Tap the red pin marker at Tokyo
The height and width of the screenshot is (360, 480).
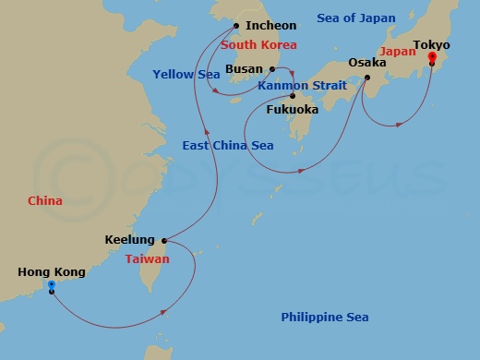click(432, 58)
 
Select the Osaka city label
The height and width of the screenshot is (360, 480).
click(367, 63)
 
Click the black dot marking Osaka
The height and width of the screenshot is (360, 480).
click(367, 78)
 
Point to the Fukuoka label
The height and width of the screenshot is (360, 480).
click(292, 110)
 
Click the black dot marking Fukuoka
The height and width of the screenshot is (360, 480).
click(292, 96)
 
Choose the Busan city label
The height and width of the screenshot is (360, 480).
click(245, 68)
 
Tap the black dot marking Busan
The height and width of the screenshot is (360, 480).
click(271, 68)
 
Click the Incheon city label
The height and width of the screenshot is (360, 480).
click(271, 26)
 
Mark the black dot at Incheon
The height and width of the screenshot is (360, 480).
click(236, 26)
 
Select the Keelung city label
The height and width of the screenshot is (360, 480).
click(128, 240)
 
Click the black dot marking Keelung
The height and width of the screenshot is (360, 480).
click(164, 240)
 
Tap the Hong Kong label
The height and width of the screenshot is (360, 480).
click(52, 272)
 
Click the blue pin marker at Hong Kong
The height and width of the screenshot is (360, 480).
click(52, 286)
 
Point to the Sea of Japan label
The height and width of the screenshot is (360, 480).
click(355, 18)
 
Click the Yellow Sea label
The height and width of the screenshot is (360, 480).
click(186, 74)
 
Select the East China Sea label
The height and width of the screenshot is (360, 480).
click(229, 146)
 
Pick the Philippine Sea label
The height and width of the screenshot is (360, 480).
click(325, 318)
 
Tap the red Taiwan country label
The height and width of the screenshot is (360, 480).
click(148, 259)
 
